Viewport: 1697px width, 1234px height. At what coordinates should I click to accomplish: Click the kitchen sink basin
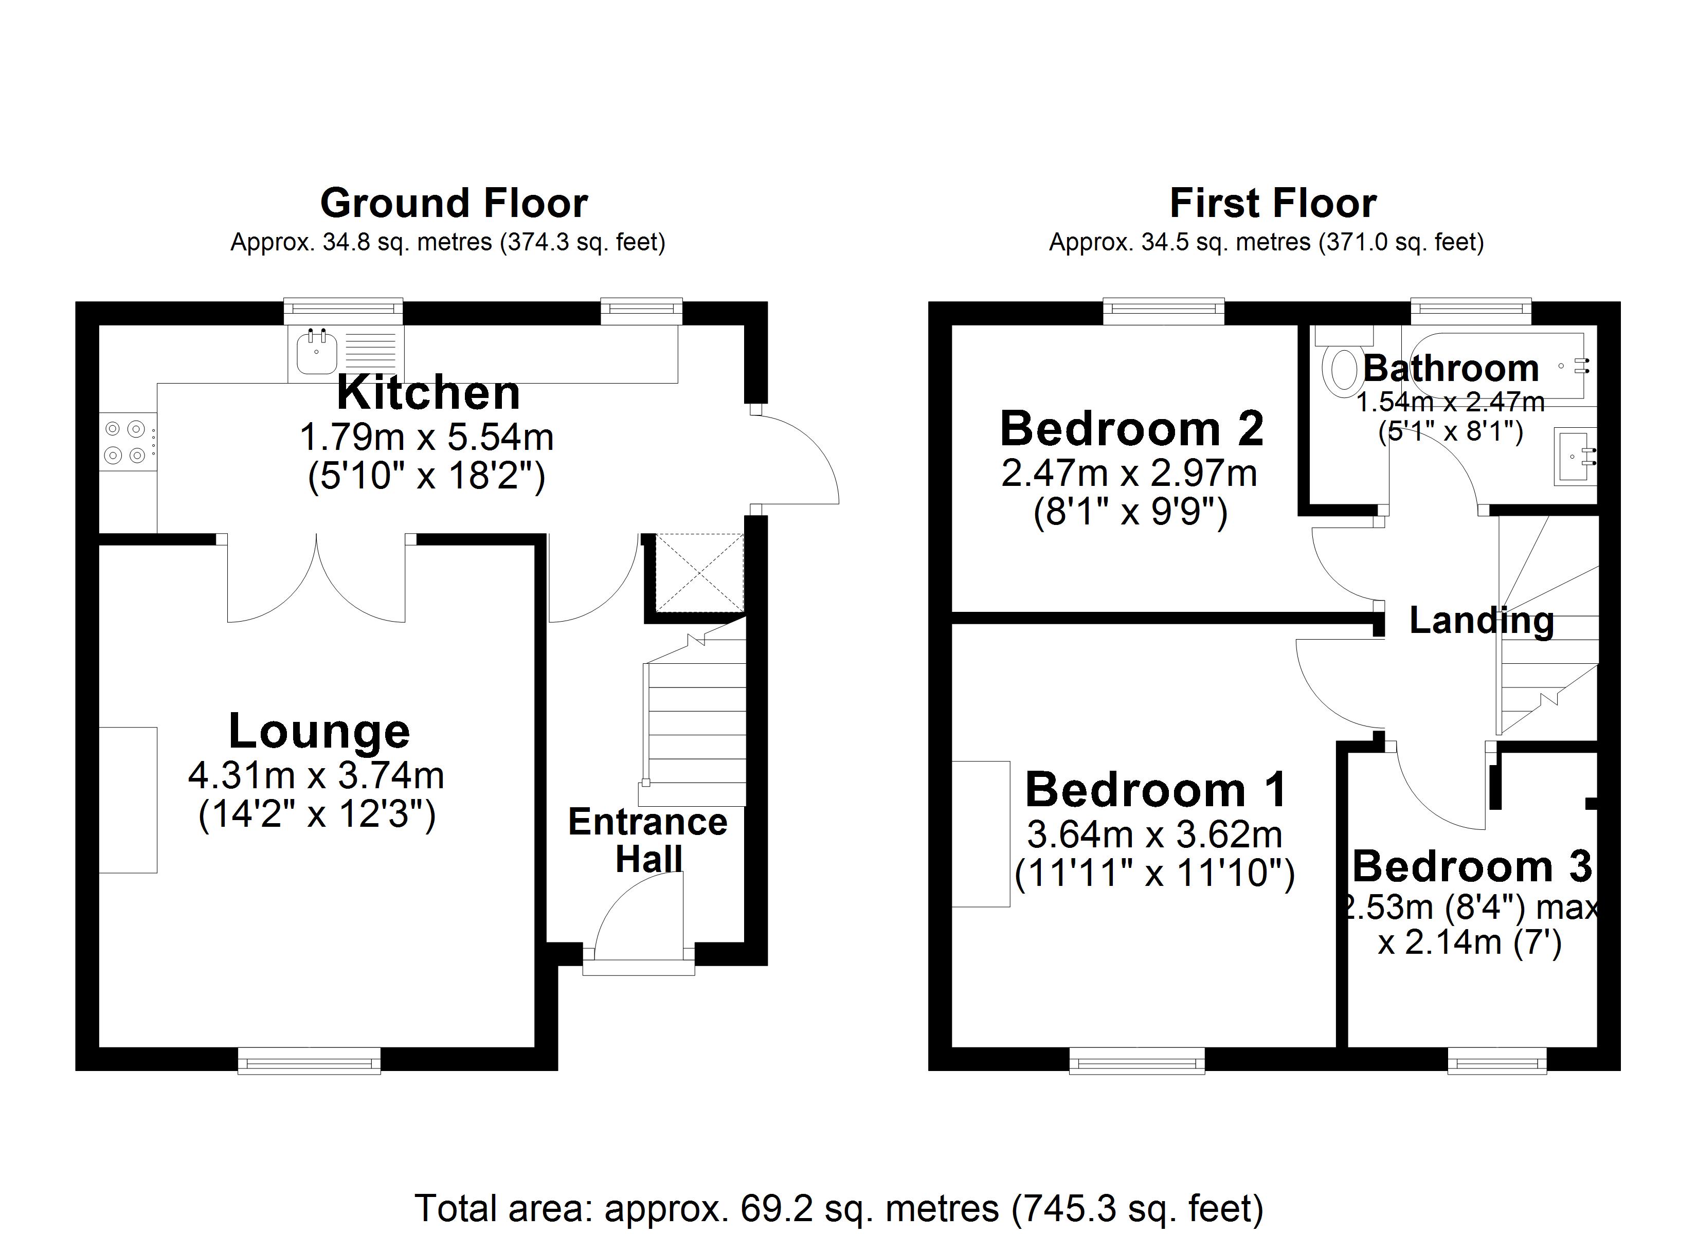point(316,352)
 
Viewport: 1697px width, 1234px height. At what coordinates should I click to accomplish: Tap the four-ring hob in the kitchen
point(125,442)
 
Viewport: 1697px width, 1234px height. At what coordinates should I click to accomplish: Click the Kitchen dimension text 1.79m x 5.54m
point(426,437)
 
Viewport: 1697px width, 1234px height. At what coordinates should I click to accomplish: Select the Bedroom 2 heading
point(1131,428)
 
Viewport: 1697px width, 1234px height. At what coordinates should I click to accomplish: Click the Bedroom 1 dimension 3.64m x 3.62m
point(1154,834)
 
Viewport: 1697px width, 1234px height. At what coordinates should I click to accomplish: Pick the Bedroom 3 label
point(1472,866)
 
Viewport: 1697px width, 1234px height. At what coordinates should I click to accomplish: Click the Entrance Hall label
point(648,840)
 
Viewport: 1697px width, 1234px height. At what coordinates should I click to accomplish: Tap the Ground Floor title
point(454,203)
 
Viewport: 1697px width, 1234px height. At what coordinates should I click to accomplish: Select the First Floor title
point(1273,203)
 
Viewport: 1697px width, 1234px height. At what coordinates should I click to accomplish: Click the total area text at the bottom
point(839,1208)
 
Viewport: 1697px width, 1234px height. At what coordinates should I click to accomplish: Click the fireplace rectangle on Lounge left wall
point(128,799)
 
